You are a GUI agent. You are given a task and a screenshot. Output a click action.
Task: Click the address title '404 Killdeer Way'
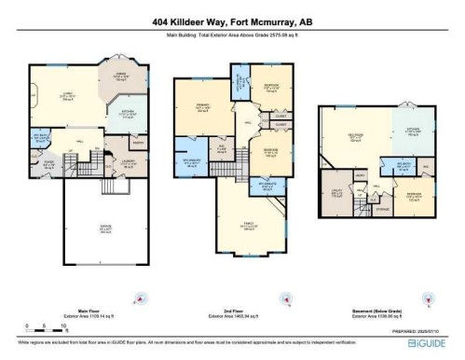232,21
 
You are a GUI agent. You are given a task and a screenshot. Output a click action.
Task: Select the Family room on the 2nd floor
247,226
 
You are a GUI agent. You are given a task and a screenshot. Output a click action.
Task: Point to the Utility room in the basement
338,195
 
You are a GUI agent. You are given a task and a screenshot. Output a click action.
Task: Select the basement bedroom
412,197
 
